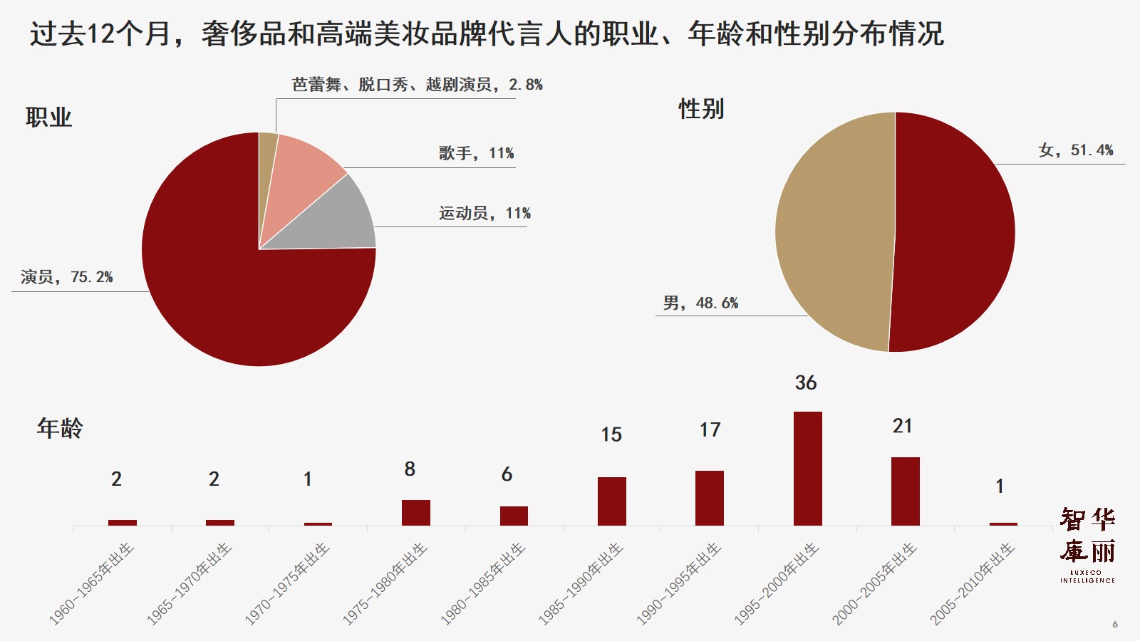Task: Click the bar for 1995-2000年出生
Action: (x=807, y=469)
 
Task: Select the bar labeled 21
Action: (x=905, y=491)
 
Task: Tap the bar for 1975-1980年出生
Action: (x=415, y=513)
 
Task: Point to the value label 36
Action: (x=806, y=383)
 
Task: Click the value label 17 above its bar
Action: (x=710, y=430)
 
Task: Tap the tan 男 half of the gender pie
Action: (x=834, y=231)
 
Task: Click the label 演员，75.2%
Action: (x=67, y=277)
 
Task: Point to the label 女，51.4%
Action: (x=1075, y=150)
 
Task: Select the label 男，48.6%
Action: (x=700, y=303)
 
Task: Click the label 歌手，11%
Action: (x=476, y=153)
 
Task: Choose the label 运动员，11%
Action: (x=484, y=213)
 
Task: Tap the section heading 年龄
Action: (x=60, y=428)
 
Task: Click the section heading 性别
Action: (x=701, y=109)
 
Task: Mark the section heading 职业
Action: (x=48, y=118)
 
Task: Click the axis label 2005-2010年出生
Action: (x=973, y=584)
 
